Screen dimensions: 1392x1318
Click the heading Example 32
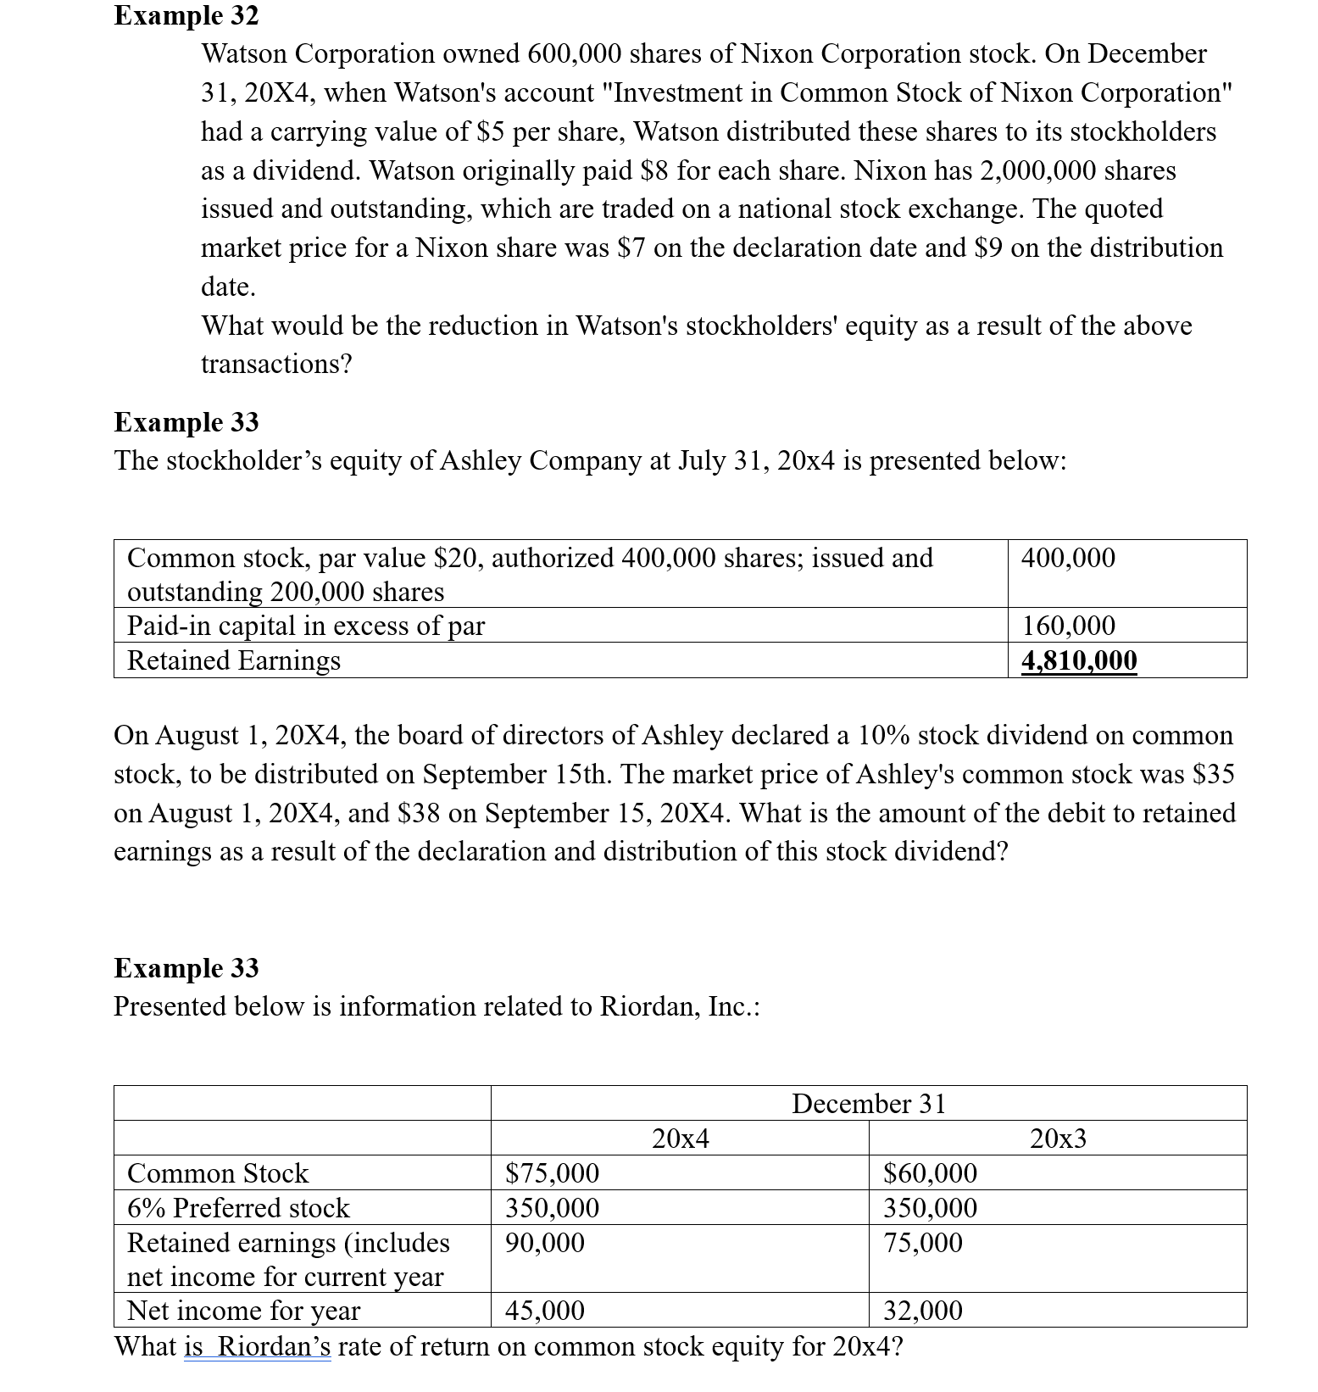tap(186, 15)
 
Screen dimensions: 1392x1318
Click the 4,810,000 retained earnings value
tap(1079, 660)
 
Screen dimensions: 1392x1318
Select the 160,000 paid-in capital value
tap(1068, 626)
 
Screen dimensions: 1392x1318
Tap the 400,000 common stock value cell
tap(1068, 558)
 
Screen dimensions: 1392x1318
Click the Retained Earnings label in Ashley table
tap(233, 660)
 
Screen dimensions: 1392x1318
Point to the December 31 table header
tap(868, 1104)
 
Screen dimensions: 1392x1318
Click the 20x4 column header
tap(680, 1139)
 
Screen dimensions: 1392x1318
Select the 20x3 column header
tap(1057, 1139)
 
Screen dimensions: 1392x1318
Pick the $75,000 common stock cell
tap(552, 1173)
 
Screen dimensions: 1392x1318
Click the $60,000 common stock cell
tap(930, 1173)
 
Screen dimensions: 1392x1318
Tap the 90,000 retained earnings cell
tap(544, 1243)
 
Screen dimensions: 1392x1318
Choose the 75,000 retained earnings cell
tap(922, 1243)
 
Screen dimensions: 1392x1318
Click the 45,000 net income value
tap(544, 1311)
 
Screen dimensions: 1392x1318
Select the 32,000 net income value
tap(922, 1311)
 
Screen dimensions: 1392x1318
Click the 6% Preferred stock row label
tap(238, 1208)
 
